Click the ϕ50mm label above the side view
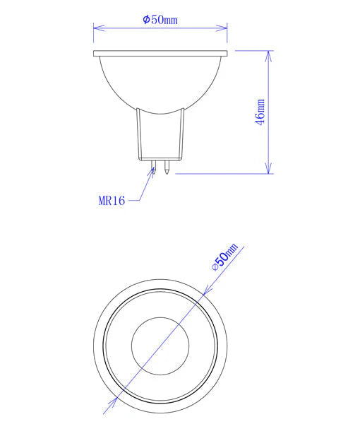point(160,20)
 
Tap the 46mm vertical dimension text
point(261,112)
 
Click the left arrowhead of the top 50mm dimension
point(97,28)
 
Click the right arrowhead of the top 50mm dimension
point(224,28)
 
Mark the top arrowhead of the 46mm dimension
point(269,54)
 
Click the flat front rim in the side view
point(160,54)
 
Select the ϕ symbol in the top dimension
point(145,20)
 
